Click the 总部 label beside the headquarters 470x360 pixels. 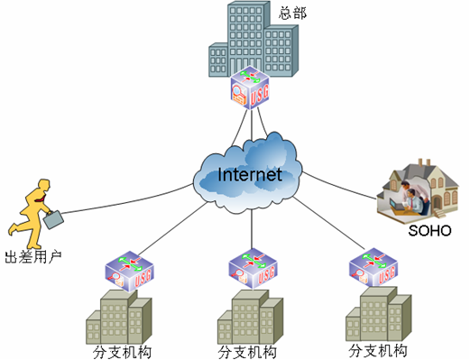(x=292, y=14)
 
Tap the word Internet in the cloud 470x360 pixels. (x=250, y=174)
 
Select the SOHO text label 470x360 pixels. (x=429, y=231)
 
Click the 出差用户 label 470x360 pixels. (x=33, y=257)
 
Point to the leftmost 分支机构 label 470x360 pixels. (x=122, y=352)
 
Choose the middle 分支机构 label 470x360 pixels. (x=247, y=352)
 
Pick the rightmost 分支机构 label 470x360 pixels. (x=378, y=351)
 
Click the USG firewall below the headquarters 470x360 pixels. (x=250, y=88)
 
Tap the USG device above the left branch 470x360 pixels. (x=129, y=271)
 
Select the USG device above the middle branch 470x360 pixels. (x=253, y=268)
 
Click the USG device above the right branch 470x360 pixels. (x=373, y=267)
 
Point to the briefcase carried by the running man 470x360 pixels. (x=53, y=220)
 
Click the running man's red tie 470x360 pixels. (x=41, y=198)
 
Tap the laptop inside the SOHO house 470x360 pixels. (x=397, y=204)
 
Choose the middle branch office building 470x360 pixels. (x=251, y=317)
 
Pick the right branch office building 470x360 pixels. (x=379, y=314)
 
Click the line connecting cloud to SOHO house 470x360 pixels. (x=339, y=187)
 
